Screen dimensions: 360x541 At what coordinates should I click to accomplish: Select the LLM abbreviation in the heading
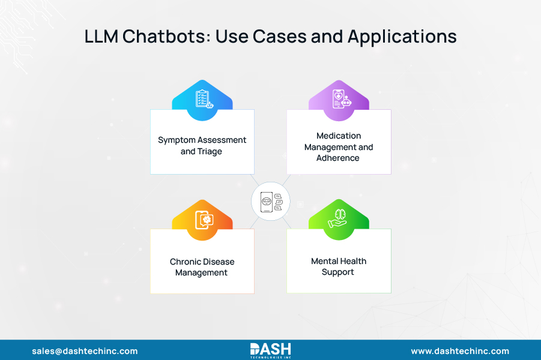pyautogui.click(x=101, y=37)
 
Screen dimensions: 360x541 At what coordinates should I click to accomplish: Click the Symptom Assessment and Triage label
pyautogui.click(x=202, y=146)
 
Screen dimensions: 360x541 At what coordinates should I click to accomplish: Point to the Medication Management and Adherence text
pyautogui.click(x=339, y=147)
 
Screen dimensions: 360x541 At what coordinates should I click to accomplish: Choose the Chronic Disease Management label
pyautogui.click(x=202, y=267)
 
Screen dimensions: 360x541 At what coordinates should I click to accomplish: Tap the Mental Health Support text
pyautogui.click(x=339, y=266)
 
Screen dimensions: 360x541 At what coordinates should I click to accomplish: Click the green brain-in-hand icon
pyautogui.click(x=338, y=220)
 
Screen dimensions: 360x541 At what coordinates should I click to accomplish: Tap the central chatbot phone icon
pyautogui.click(x=271, y=202)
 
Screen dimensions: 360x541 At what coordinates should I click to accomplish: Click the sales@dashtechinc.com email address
pyautogui.click(x=85, y=351)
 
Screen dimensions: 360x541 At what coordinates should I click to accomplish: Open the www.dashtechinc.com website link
pyautogui.click(x=460, y=351)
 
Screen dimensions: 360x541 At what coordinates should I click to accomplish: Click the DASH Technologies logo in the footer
pyautogui.click(x=270, y=350)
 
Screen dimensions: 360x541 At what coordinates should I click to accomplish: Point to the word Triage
pyautogui.click(x=210, y=152)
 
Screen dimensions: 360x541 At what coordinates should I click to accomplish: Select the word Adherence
pyautogui.click(x=338, y=158)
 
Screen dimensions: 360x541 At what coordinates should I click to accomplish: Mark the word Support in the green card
pyautogui.click(x=338, y=272)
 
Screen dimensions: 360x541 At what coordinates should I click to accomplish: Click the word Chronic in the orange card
pyautogui.click(x=185, y=262)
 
